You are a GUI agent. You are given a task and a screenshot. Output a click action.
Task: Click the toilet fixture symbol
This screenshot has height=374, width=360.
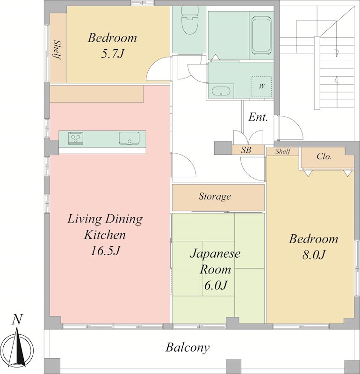pyautogui.click(x=190, y=20)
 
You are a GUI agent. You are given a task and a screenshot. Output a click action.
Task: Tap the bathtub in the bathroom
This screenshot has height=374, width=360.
pyautogui.click(x=261, y=36)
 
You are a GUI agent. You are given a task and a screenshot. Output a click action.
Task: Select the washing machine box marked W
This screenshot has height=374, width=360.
pyautogui.click(x=261, y=86)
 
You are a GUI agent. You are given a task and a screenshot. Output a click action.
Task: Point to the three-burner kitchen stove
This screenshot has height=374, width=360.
pyautogui.click(x=76, y=138)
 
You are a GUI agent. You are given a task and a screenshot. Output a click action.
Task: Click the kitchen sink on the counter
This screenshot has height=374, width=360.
pyautogui.click(x=129, y=138)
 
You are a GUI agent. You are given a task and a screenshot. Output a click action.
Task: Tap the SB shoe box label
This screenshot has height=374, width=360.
pyautogui.click(x=246, y=150)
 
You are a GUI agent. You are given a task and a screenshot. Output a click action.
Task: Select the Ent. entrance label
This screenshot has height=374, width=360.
pyautogui.click(x=258, y=117)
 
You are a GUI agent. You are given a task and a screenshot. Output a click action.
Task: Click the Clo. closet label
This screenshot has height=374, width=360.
pyautogui.click(x=324, y=156)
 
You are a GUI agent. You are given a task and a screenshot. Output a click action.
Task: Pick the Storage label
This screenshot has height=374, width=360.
pyautogui.click(x=215, y=196)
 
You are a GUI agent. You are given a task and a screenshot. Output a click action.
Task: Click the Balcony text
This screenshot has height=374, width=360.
pyautogui.click(x=188, y=347)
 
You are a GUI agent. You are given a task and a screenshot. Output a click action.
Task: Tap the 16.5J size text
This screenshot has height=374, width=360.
pyautogui.click(x=105, y=251)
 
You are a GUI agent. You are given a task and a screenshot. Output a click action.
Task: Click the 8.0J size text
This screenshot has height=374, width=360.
pyautogui.click(x=314, y=255)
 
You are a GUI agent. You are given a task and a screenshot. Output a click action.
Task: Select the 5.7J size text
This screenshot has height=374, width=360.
pyautogui.click(x=112, y=54)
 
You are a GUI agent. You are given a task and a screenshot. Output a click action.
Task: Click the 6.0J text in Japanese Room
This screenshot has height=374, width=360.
pyautogui.click(x=215, y=285)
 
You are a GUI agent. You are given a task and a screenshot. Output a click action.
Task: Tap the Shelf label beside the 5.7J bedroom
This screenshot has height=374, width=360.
pyautogui.click(x=57, y=50)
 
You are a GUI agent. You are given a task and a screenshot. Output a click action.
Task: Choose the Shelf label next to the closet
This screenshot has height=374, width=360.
pyautogui.click(x=283, y=151)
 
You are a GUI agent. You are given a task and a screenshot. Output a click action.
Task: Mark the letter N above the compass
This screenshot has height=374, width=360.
pyautogui.click(x=17, y=319)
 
